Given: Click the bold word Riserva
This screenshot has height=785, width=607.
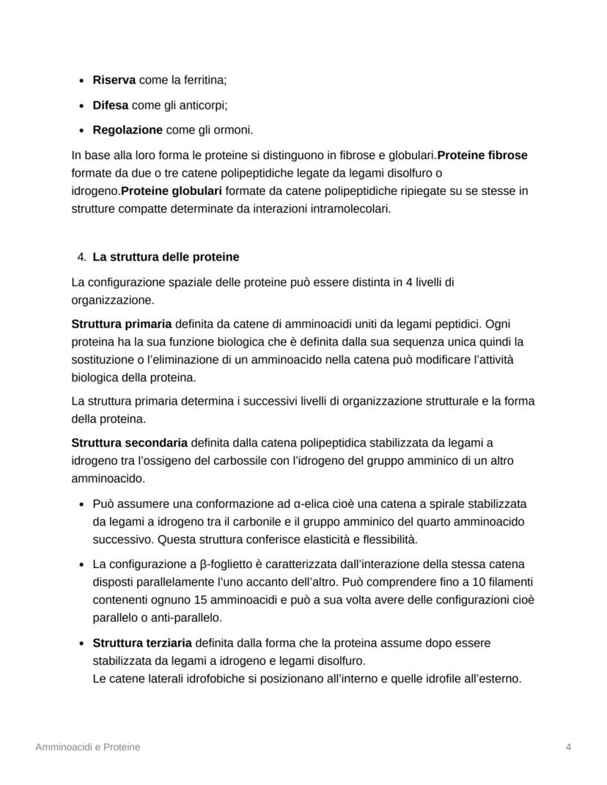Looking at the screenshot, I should [114, 81].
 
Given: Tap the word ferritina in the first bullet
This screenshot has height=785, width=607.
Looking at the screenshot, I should [205, 81].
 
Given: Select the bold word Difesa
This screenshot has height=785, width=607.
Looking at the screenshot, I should [110, 106].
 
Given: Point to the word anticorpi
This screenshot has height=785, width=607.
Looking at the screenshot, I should [204, 106].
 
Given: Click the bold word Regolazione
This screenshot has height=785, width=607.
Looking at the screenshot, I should [128, 130].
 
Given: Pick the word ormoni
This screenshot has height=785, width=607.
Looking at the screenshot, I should [234, 130].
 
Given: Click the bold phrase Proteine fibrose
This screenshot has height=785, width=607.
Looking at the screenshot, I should [482, 155].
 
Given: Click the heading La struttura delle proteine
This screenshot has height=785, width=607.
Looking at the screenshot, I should [166, 257].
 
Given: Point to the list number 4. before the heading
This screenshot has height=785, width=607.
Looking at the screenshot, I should [81, 257].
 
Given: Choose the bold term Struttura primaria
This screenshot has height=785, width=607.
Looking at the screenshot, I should [122, 323].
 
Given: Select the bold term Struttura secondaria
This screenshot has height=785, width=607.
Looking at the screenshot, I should [130, 443].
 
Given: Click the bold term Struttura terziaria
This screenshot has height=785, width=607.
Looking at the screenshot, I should [142, 643].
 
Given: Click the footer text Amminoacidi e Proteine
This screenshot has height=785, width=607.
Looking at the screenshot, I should [88, 747].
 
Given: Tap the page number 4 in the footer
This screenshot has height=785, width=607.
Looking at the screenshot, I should [569, 747].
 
